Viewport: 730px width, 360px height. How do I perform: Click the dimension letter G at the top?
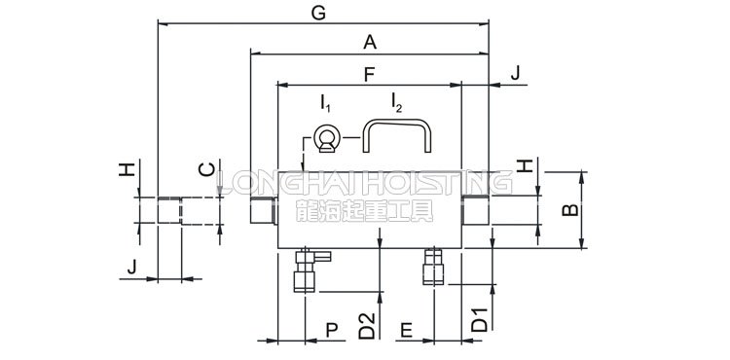(x=318, y=14)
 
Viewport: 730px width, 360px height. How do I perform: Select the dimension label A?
(x=370, y=43)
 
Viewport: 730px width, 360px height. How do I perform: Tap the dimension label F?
(x=369, y=74)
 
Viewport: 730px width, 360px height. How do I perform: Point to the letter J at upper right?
(x=515, y=74)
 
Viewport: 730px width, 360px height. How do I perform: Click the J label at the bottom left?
(x=132, y=267)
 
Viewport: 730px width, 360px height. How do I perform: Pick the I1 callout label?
(x=325, y=103)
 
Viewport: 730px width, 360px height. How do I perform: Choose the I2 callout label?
(x=396, y=103)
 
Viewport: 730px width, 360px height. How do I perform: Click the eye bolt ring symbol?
(x=327, y=139)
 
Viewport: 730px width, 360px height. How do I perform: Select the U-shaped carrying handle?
(x=397, y=122)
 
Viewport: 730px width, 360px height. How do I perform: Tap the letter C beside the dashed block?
(x=206, y=169)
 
